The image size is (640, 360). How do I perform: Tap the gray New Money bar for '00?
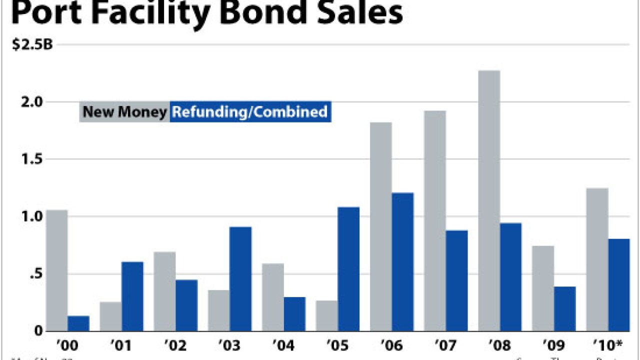coord(56,270)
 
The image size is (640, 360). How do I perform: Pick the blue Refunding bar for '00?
coord(78,323)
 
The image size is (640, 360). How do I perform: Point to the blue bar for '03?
coord(240,279)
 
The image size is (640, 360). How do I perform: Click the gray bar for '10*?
coord(597,259)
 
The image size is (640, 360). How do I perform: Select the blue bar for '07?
coord(456,280)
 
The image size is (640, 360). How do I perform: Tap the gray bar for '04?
coord(272,297)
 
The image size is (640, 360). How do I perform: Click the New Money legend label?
coord(124,111)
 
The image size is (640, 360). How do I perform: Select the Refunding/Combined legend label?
coord(249,111)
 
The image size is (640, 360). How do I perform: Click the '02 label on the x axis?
coord(175,345)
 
